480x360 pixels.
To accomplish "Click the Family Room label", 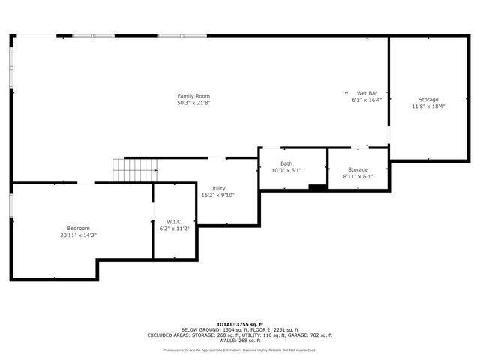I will pyautogui.click(x=193, y=95).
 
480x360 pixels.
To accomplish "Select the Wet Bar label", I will pyautogui.click(x=367, y=93).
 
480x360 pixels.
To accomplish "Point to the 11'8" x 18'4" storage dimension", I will pyautogui.click(x=428, y=106).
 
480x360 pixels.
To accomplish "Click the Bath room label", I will pyautogui.click(x=286, y=163).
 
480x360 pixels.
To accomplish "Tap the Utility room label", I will pyautogui.click(x=217, y=188).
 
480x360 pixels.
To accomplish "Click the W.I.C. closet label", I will pyautogui.click(x=175, y=222).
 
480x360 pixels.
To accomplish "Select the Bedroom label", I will pyautogui.click(x=79, y=228).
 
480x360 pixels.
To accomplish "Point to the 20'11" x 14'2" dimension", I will pyautogui.click(x=79, y=235).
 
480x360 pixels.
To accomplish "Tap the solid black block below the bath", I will pyautogui.click(x=318, y=187).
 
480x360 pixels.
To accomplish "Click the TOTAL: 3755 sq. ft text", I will pyautogui.click(x=240, y=325).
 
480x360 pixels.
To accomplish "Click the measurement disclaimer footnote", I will pyautogui.click(x=240, y=349).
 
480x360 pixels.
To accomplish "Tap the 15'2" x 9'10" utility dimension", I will pyautogui.click(x=217, y=195).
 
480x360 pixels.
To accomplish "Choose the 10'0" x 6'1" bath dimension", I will pyautogui.click(x=286, y=170).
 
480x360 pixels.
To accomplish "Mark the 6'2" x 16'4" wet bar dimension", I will pyautogui.click(x=367, y=100).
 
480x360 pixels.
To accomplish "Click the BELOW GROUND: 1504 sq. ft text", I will pyautogui.click(x=212, y=330).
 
